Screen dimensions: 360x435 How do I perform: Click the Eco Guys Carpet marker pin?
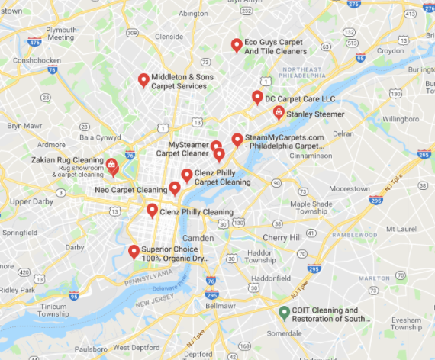tap(237, 45)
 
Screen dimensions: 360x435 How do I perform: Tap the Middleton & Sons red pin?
tap(143, 79)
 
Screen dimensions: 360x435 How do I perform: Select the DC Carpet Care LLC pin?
tap(257, 97)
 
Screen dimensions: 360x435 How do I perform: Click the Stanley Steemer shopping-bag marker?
tap(279, 112)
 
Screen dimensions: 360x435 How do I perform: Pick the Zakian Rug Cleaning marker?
tap(111, 163)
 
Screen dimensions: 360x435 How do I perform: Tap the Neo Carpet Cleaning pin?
tap(175, 188)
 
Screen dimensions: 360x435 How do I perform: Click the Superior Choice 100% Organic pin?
tap(134, 252)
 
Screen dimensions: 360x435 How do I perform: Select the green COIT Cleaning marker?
tap(283, 311)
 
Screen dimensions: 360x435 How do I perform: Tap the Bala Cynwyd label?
tap(100, 137)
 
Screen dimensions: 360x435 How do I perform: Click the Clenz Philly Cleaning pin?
tap(152, 210)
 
